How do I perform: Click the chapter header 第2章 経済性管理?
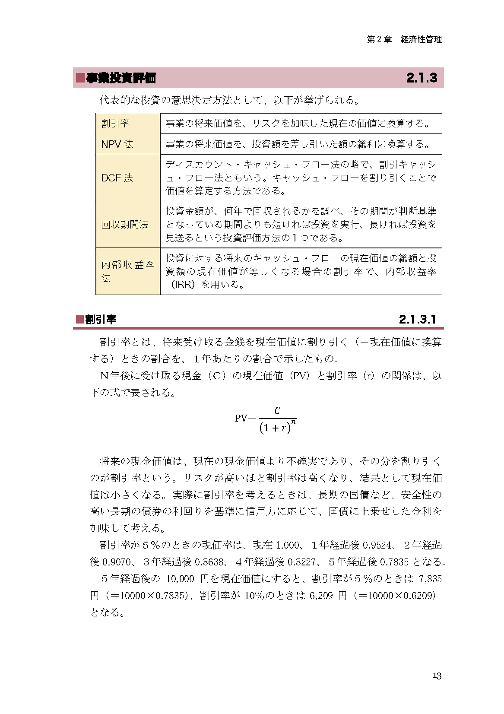coord(404,39)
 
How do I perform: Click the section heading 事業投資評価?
coord(120,78)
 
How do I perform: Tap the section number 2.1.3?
coord(421,78)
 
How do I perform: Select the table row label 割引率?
coord(115,124)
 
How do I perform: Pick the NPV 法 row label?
coord(117,144)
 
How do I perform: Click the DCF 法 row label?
coord(117,178)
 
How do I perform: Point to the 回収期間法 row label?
coord(124,225)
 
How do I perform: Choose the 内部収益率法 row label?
coord(127,271)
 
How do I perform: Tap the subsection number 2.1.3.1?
coord(417,320)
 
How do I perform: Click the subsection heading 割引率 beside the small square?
coord(101,320)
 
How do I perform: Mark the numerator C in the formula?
coord(277,411)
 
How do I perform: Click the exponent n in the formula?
coord(293,422)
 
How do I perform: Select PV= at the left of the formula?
coord(245,418)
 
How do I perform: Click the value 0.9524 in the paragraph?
coord(377,545)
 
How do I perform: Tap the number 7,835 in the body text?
coord(430,579)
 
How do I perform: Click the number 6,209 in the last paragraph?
coord(321,596)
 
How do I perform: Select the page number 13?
coord(437,676)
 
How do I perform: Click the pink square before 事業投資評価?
coord(80,78)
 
